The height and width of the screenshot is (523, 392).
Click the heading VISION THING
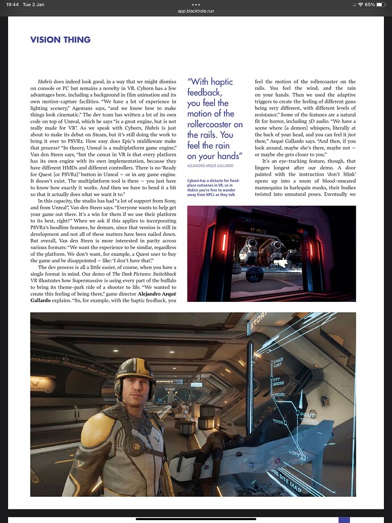pos(60,40)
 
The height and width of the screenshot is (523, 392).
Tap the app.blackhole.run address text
pos(196,11)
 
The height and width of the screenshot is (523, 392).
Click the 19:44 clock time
pos(10,4)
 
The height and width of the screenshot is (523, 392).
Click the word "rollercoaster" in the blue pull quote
pos(215,124)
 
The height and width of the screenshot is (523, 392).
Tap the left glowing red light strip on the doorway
pos(223,242)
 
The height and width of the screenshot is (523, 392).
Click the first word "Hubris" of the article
pos(46,82)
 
